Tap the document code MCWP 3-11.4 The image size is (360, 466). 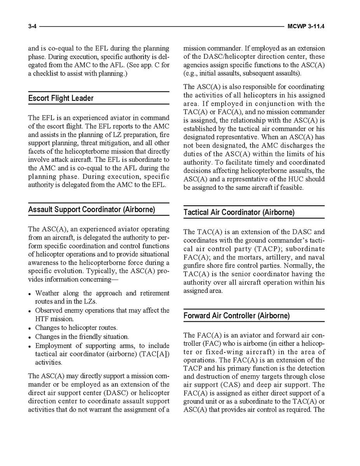tap(306, 26)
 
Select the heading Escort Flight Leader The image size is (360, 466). tap(61, 98)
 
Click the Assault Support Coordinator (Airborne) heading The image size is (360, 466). tap(91, 210)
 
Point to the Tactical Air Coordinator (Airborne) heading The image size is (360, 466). tap(239, 212)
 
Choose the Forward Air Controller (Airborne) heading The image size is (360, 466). tap(236, 316)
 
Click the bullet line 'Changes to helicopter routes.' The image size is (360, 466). tap(76, 328)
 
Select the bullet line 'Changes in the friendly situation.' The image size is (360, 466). tap(82, 337)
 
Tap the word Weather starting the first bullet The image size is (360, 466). tap(46, 293)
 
